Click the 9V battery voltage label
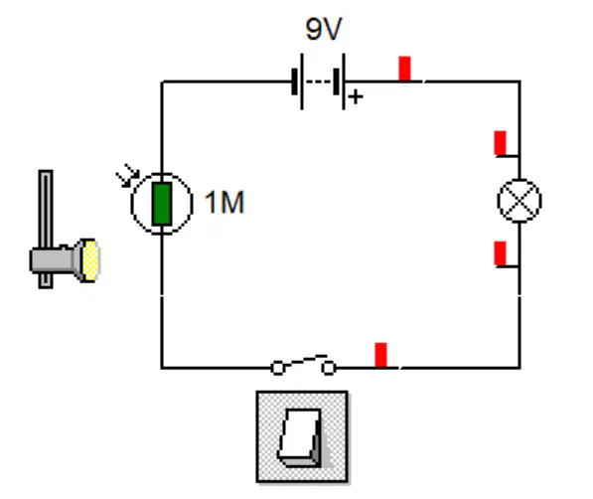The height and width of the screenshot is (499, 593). (324, 29)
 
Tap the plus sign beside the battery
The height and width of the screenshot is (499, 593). (356, 97)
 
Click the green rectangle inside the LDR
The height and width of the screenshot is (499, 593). (162, 204)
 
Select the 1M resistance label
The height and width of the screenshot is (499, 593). (224, 202)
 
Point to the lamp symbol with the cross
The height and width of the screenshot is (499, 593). (519, 201)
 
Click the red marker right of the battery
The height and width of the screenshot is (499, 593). (404, 69)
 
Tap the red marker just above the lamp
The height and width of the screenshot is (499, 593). (500, 143)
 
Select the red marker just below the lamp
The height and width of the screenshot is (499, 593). (500, 253)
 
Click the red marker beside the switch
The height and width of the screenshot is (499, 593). (380, 355)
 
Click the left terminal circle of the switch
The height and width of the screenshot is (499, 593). (277, 368)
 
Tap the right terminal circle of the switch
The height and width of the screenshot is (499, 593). (328, 368)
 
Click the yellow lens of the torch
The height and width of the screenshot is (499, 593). (90, 260)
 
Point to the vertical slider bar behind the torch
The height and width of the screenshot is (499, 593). (46, 229)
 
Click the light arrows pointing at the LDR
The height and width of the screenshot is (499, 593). (128, 176)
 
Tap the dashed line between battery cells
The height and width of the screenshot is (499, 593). (319, 82)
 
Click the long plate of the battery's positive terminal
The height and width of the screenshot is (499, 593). (344, 82)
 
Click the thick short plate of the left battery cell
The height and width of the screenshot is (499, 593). (294, 82)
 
